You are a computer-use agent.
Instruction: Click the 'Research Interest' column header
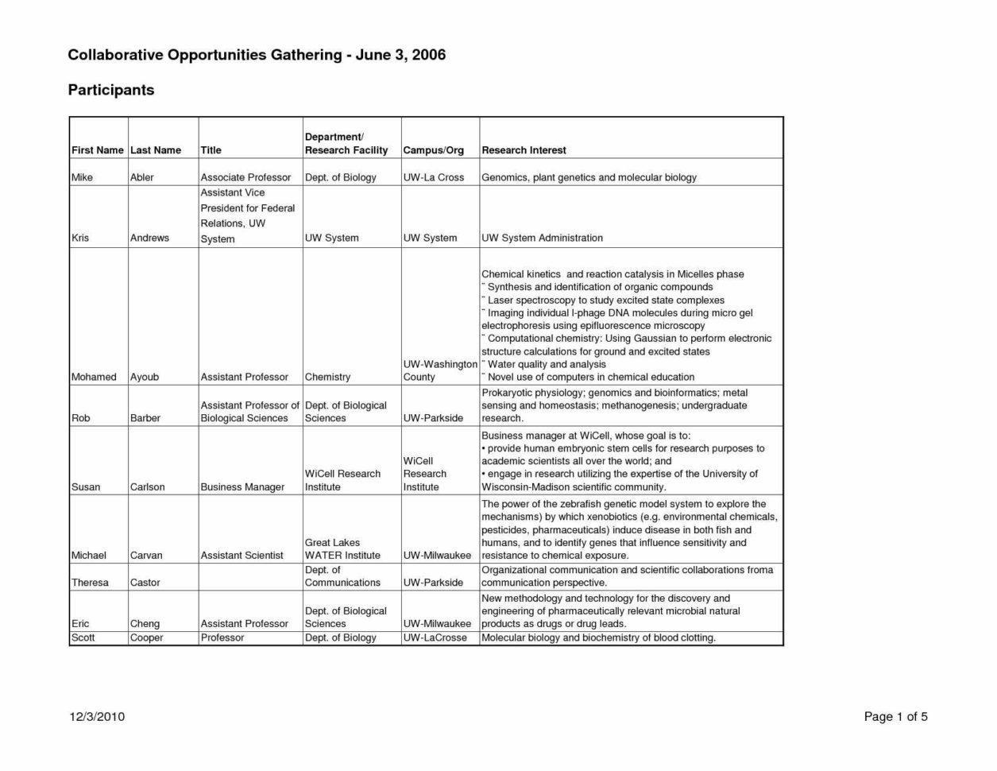pos(524,150)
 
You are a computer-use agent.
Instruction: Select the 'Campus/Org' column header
pos(433,150)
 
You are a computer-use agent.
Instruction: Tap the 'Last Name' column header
pos(156,150)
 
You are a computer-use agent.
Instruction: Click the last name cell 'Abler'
pos(141,177)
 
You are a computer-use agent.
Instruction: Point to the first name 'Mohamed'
pos(94,377)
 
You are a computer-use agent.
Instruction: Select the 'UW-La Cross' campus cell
pos(433,177)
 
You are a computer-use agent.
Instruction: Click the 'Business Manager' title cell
pos(242,487)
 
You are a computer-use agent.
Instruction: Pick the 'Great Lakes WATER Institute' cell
pos(342,549)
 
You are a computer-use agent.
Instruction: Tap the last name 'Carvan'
pos(145,556)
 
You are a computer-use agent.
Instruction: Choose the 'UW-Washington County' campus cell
pos(439,370)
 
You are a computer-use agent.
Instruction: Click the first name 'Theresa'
pos(90,583)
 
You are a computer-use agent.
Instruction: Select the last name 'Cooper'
pos(146,637)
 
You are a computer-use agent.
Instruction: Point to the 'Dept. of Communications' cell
pos(342,576)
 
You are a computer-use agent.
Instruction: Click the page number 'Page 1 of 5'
pos(895,717)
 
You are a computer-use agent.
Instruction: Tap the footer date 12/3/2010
pos(97,717)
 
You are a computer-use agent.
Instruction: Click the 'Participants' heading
pos(110,90)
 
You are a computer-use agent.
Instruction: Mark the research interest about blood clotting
pos(598,637)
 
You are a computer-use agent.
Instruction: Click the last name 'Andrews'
pos(149,238)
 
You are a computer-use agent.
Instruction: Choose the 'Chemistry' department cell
pos(327,377)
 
